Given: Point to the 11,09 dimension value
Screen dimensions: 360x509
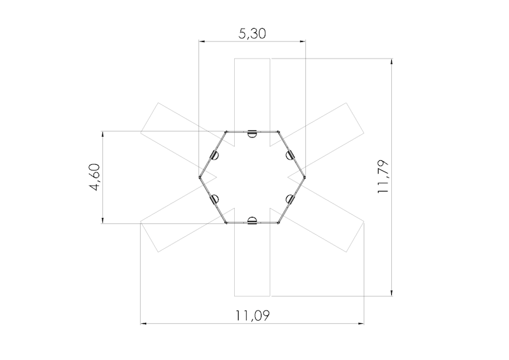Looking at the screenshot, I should [x=253, y=315].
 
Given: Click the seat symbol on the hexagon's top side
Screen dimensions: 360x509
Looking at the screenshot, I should [x=253, y=133].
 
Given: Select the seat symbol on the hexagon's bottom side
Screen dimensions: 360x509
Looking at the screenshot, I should [x=253, y=221].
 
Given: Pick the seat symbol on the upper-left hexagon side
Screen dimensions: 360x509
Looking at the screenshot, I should [x=215, y=155].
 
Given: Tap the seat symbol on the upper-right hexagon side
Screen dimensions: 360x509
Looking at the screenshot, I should [x=290, y=155].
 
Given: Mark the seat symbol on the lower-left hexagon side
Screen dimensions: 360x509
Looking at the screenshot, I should [x=215, y=199].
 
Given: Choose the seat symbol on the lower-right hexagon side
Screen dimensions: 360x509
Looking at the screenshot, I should [x=290, y=199].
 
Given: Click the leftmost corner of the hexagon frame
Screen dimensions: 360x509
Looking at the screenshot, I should [x=200, y=177].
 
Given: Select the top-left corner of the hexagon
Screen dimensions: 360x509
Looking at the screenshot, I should [x=226, y=132].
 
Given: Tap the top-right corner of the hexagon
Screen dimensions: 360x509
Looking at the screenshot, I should [x=279, y=132].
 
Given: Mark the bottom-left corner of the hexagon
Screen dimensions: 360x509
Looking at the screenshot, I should [x=226, y=223].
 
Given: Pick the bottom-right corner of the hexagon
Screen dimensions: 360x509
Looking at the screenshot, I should [x=279, y=223].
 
